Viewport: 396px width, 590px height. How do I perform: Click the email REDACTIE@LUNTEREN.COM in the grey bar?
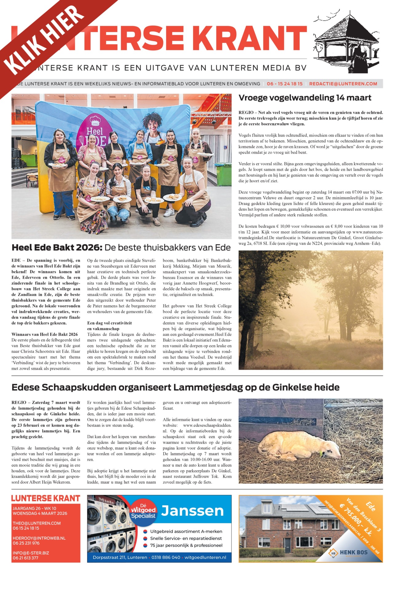click(343, 84)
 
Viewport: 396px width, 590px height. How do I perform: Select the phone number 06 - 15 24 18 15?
click(284, 84)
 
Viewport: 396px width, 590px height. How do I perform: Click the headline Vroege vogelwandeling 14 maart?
click(305, 98)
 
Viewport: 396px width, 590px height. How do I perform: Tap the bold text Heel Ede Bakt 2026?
click(57, 247)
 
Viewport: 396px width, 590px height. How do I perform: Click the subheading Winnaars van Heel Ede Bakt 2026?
click(45, 334)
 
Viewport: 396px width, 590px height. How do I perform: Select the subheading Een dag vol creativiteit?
click(109, 323)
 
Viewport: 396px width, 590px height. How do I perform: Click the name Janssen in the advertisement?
click(192, 511)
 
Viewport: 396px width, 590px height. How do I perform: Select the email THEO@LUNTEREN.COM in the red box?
click(37, 523)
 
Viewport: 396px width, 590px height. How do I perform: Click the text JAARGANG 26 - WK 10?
click(34, 508)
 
